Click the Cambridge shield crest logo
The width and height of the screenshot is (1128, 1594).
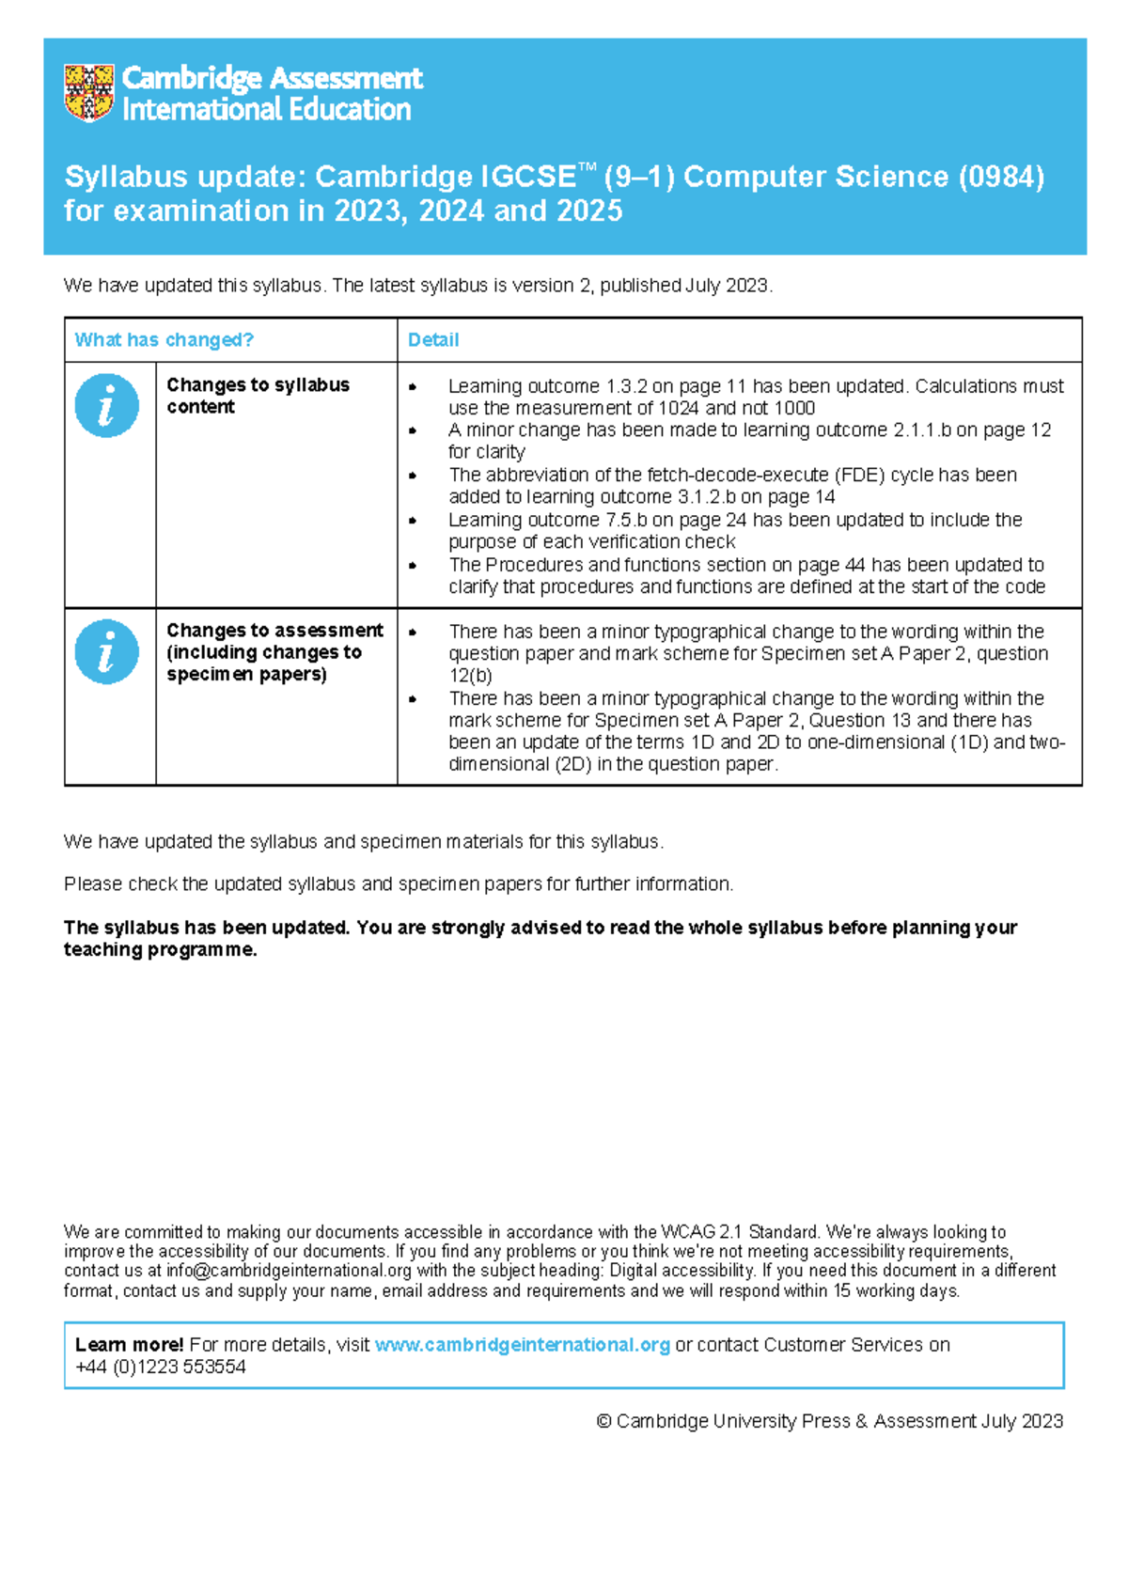[x=89, y=93]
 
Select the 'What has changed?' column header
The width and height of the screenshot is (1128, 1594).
[x=164, y=340]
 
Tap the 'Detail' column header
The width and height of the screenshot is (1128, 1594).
[x=433, y=340]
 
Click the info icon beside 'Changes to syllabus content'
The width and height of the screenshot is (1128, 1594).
[x=106, y=406]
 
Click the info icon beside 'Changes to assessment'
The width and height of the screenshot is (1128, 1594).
[x=106, y=651]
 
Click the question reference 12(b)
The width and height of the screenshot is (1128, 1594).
[x=470, y=676]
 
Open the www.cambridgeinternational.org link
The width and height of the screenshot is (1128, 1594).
[x=522, y=1345]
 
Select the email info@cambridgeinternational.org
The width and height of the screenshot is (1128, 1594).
[x=289, y=1271]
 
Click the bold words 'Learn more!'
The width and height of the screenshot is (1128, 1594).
[x=129, y=1345]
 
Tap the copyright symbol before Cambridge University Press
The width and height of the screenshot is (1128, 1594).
[x=603, y=1422]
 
